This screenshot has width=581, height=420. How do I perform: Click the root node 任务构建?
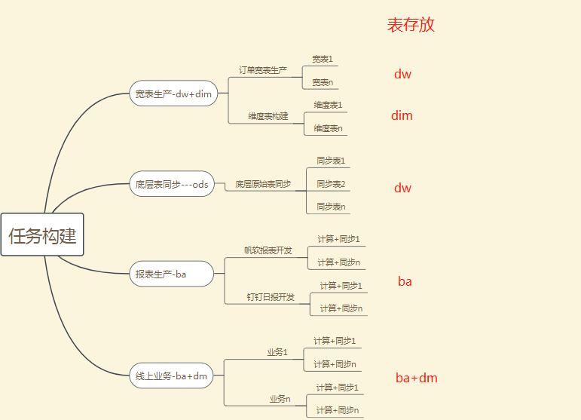pyautogui.click(x=42, y=235)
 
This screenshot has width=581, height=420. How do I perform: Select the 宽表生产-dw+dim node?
pyautogui.click(x=173, y=94)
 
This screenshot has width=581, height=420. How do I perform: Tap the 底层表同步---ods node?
pyautogui.click(x=171, y=184)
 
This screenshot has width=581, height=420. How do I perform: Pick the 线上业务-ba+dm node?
pyautogui.click(x=171, y=376)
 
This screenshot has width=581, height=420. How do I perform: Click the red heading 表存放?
pyautogui.click(x=411, y=25)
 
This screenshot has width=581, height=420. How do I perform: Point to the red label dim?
pyautogui.click(x=402, y=115)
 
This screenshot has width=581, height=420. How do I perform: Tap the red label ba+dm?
pyautogui.click(x=416, y=378)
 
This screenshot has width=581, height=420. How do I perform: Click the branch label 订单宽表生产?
pyautogui.click(x=262, y=70)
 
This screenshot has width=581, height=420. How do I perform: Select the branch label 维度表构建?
pyautogui.click(x=268, y=116)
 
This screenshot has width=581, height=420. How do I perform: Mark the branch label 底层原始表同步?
pyautogui.click(x=262, y=184)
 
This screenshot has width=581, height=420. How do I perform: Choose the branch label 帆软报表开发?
pyautogui.click(x=268, y=250)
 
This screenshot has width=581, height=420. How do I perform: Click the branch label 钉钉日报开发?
pyautogui.click(x=271, y=297)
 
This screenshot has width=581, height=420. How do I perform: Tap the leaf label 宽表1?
pyautogui.click(x=323, y=59)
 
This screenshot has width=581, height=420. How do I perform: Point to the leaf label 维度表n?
pyautogui.click(x=328, y=128)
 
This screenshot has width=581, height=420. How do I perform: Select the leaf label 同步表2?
pyautogui.click(x=331, y=184)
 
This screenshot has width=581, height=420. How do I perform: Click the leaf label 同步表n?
pyautogui.click(x=331, y=207)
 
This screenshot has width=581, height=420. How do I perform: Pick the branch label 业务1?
pyautogui.click(x=277, y=352)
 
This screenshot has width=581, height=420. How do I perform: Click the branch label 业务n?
pyautogui.click(x=280, y=399)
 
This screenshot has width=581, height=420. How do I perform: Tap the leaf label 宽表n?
pyautogui.click(x=323, y=82)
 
